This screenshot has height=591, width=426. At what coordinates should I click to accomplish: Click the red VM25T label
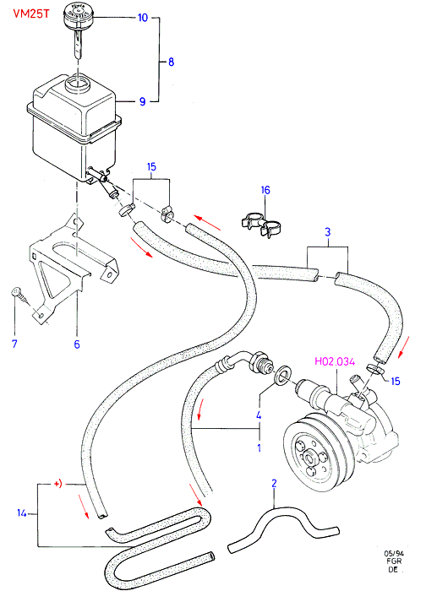(x=31, y=14)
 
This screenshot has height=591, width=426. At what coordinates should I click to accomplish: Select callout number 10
(x=143, y=18)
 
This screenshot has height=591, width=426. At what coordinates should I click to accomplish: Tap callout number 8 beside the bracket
(x=171, y=62)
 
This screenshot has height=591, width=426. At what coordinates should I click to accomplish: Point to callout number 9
(x=142, y=101)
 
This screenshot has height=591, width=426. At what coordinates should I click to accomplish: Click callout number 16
(x=265, y=190)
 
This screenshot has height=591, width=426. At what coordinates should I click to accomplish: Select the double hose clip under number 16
(x=261, y=225)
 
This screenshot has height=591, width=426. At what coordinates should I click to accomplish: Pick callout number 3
(x=327, y=232)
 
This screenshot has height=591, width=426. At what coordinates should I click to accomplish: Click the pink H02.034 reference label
(x=335, y=362)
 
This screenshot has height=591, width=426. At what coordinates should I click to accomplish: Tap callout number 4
(x=259, y=415)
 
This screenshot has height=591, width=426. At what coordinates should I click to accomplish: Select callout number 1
(x=259, y=448)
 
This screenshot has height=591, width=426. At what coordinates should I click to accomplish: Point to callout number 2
(x=275, y=483)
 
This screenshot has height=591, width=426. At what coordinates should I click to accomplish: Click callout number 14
(x=22, y=513)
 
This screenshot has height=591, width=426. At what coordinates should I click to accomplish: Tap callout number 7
(x=14, y=344)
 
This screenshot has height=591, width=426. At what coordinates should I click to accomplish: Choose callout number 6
(x=77, y=344)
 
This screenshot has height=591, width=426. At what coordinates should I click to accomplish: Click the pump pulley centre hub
(x=310, y=458)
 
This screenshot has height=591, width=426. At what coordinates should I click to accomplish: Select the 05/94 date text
(x=394, y=554)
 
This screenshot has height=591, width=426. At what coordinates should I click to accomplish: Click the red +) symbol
(x=57, y=484)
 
